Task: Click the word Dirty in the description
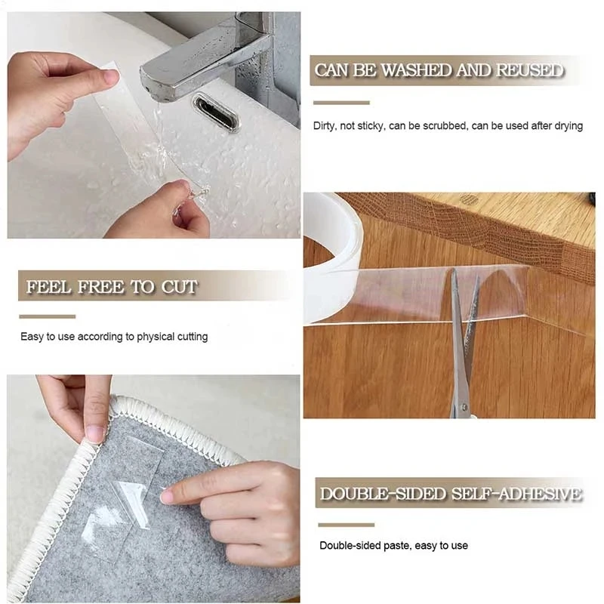(x=325, y=126)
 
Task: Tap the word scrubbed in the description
(x=439, y=126)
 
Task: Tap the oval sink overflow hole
(x=215, y=111)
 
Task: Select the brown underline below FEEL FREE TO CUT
(x=48, y=316)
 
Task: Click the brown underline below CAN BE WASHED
(x=341, y=103)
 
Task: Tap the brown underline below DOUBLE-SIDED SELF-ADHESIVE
(x=346, y=524)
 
